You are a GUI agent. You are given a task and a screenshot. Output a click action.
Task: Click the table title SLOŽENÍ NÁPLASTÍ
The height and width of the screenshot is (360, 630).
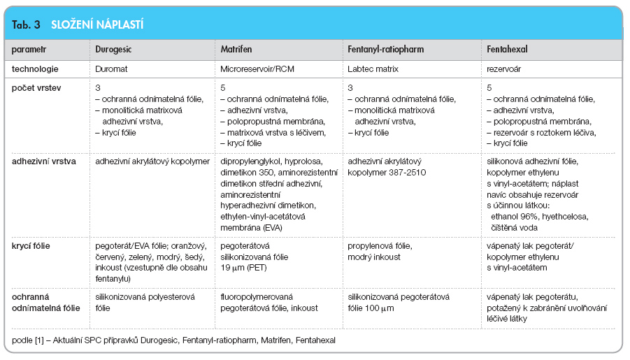97,25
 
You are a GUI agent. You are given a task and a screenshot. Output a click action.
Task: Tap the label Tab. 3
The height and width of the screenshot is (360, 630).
26,25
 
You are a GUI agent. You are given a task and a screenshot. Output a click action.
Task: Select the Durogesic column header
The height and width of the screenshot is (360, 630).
113,50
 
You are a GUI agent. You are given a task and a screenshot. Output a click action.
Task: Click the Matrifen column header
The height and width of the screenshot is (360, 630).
236,49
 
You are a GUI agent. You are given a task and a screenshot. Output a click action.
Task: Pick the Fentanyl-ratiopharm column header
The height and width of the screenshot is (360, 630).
386,50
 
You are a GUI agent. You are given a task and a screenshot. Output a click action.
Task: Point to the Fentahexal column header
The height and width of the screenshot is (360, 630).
507,49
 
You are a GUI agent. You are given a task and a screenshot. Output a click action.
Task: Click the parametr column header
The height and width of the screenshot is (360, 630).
29,50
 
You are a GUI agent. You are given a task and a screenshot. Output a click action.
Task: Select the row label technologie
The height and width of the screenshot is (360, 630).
35,69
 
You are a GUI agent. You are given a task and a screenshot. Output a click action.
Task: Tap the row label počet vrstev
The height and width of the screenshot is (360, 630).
36,88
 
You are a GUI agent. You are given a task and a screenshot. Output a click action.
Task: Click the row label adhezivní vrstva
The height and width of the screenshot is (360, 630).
44,161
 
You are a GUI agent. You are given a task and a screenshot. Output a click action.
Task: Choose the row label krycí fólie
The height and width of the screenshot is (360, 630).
31,246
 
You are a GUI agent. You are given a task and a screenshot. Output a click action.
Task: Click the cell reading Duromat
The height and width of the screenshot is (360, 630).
111,69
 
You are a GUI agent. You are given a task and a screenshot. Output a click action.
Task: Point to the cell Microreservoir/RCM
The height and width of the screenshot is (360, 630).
257,69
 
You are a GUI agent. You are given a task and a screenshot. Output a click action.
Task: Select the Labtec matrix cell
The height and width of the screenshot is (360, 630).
373,69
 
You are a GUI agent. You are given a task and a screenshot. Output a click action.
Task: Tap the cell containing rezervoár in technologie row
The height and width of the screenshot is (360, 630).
504,69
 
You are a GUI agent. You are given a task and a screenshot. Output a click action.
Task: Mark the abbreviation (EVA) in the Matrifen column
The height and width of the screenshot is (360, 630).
273,228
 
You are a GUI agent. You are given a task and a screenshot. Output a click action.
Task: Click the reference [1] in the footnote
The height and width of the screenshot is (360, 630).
39,340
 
